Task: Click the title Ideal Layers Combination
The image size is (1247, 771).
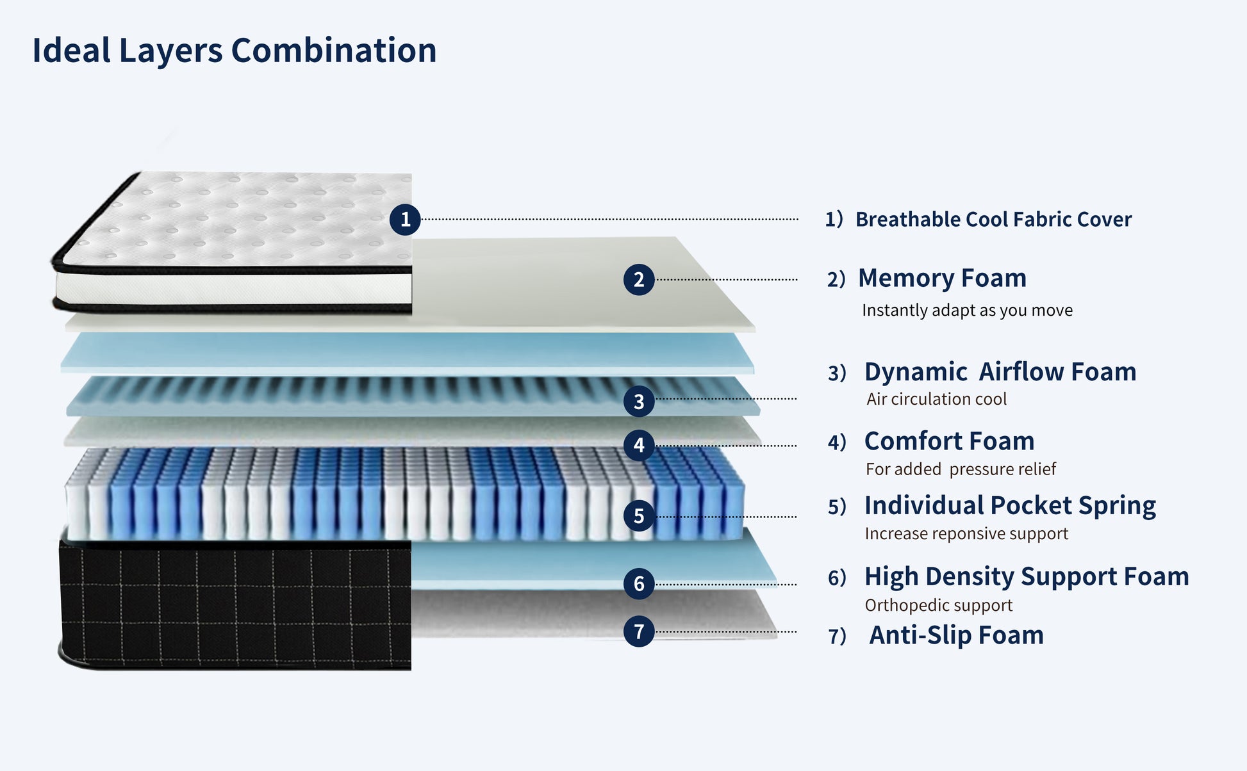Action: pyautogui.click(x=234, y=50)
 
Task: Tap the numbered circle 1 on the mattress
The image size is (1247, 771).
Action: pyautogui.click(x=405, y=220)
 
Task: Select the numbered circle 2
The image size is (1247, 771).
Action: pyautogui.click(x=638, y=280)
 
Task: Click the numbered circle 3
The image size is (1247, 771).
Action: pyautogui.click(x=638, y=402)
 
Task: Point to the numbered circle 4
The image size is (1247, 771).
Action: pyautogui.click(x=638, y=445)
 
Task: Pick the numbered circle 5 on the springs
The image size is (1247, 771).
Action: pyautogui.click(x=638, y=516)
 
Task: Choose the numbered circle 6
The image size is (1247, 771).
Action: pyautogui.click(x=638, y=583)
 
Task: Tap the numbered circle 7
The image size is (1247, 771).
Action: pyautogui.click(x=638, y=631)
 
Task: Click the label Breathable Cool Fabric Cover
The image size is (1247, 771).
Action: pyautogui.click(x=993, y=220)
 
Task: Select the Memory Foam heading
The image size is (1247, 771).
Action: pyautogui.click(x=942, y=279)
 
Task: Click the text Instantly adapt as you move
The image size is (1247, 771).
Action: pyautogui.click(x=967, y=311)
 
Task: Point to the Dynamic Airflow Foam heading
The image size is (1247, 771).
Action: pyautogui.click(x=1000, y=372)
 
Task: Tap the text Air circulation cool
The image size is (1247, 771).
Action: pyautogui.click(x=936, y=400)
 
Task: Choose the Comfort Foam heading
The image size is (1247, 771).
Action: pyautogui.click(x=949, y=441)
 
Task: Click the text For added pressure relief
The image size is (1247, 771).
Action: pyautogui.click(x=961, y=469)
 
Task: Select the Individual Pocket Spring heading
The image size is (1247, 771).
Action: pyautogui.click(x=1010, y=506)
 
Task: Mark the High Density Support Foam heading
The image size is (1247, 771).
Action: pyautogui.click(x=1027, y=577)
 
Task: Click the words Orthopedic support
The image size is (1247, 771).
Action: pyautogui.click(x=938, y=605)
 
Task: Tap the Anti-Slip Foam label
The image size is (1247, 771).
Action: pyautogui.click(x=956, y=635)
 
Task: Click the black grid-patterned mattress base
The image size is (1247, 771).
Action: pyautogui.click(x=235, y=605)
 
